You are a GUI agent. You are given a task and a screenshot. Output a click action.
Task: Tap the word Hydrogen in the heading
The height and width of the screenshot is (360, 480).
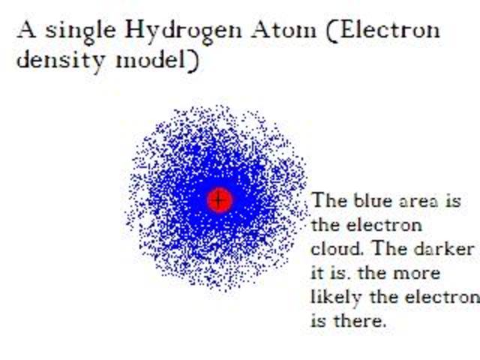pyautogui.click(x=175, y=31)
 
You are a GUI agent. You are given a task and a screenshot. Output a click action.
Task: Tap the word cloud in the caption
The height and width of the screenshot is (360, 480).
pyautogui.click(x=330, y=249)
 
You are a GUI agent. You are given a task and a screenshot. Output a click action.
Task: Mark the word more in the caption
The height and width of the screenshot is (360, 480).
pyautogui.click(x=440, y=273)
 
